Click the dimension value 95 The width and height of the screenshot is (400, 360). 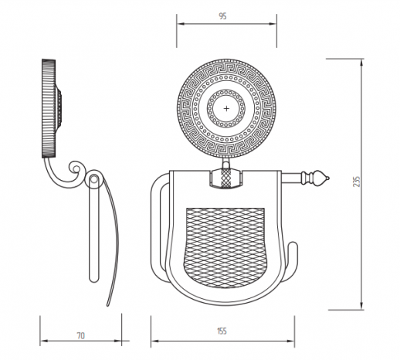(x=222, y=16)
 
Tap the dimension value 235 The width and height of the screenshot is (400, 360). (x=357, y=182)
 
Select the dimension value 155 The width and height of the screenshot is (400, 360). (x=222, y=331)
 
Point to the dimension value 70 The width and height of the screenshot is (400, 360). (x=80, y=336)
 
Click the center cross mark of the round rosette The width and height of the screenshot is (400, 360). (x=226, y=108)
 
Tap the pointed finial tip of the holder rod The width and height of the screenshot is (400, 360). (x=329, y=178)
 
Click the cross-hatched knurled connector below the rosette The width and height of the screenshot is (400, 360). (x=225, y=178)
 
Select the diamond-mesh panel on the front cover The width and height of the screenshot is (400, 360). (x=225, y=248)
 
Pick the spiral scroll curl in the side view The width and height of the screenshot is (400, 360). (x=76, y=168)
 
